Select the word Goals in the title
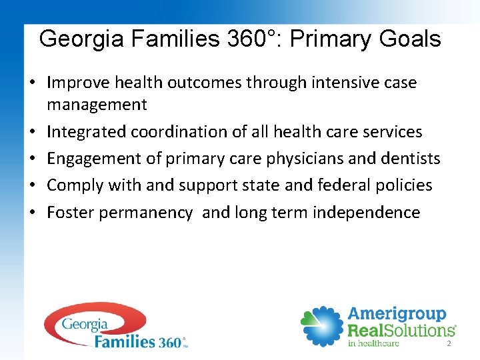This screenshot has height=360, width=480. pyautogui.click(x=410, y=39)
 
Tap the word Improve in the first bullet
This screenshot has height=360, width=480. pyautogui.click(x=78, y=83)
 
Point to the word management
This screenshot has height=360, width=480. pyautogui.click(x=97, y=105)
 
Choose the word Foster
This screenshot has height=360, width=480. pyautogui.click(x=69, y=213)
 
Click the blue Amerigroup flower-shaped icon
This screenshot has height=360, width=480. pyautogui.click(x=322, y=326)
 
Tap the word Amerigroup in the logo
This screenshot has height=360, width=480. pyautogui.click(x=397, y=314)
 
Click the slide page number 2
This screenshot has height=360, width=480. pyautogui.click(x=449, y=343)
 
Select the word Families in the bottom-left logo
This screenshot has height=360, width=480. pyautogui.click(x=125, y=342)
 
